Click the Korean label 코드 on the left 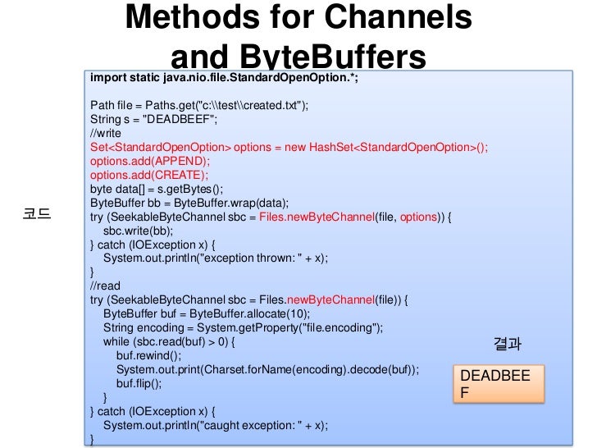click(36, 217)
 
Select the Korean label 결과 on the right click(508, 345)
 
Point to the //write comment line click(106, 133)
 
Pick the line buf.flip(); click(139, 383)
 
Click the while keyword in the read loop click(117, 341)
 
